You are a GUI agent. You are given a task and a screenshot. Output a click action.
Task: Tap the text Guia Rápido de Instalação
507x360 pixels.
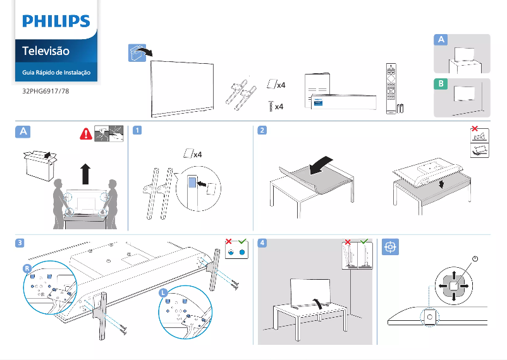click(56, 73)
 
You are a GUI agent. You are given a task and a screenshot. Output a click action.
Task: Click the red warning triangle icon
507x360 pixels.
click(85, 133)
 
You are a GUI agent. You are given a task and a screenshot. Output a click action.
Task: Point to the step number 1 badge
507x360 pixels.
click(137, 131)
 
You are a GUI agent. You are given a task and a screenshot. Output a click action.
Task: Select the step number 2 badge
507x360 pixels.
click(262, 131)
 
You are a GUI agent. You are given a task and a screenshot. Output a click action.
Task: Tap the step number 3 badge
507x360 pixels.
click(21, 243)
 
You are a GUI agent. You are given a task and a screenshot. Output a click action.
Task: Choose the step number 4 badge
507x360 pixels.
click(262, 243)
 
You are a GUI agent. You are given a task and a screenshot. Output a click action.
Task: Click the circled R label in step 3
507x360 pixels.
click(27, 268)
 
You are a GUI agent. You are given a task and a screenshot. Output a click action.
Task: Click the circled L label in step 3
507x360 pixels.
click(163, 293)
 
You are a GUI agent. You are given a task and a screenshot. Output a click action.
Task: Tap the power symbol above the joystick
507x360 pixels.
click(474, 259)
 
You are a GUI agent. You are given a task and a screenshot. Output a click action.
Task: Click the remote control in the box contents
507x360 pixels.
click(391, 88)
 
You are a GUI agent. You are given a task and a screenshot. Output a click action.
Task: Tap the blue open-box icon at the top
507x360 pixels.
click(135, 53)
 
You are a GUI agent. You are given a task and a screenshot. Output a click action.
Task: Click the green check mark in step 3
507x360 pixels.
click(240, 241)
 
